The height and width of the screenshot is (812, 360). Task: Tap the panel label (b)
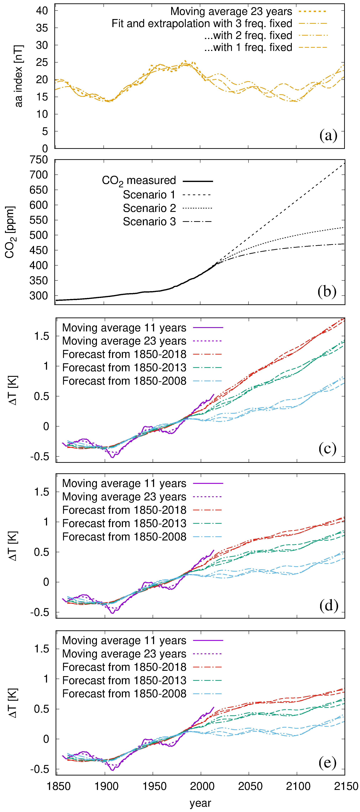tap(327, 291)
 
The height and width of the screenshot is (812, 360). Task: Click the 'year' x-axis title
tap(201, 803)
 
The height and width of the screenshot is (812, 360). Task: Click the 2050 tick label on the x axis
tap(250, 786)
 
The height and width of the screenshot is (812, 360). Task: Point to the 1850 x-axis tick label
tap(59, 786)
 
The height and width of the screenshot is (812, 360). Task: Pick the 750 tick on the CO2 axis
tap(39, 160)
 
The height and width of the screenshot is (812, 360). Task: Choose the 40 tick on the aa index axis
tap(42, 11)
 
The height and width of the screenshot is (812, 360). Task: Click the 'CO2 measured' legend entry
tap(139, 181)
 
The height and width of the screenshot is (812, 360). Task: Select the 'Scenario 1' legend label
tap(149, 195)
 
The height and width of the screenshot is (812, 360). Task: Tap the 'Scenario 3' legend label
tap(149, 222)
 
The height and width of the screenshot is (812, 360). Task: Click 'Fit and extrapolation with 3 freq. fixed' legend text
tap(202, 23)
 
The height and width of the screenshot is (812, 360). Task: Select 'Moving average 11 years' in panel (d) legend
tap(124, 483)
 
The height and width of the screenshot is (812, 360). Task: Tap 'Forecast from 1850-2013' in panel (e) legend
tap(124, 680)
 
